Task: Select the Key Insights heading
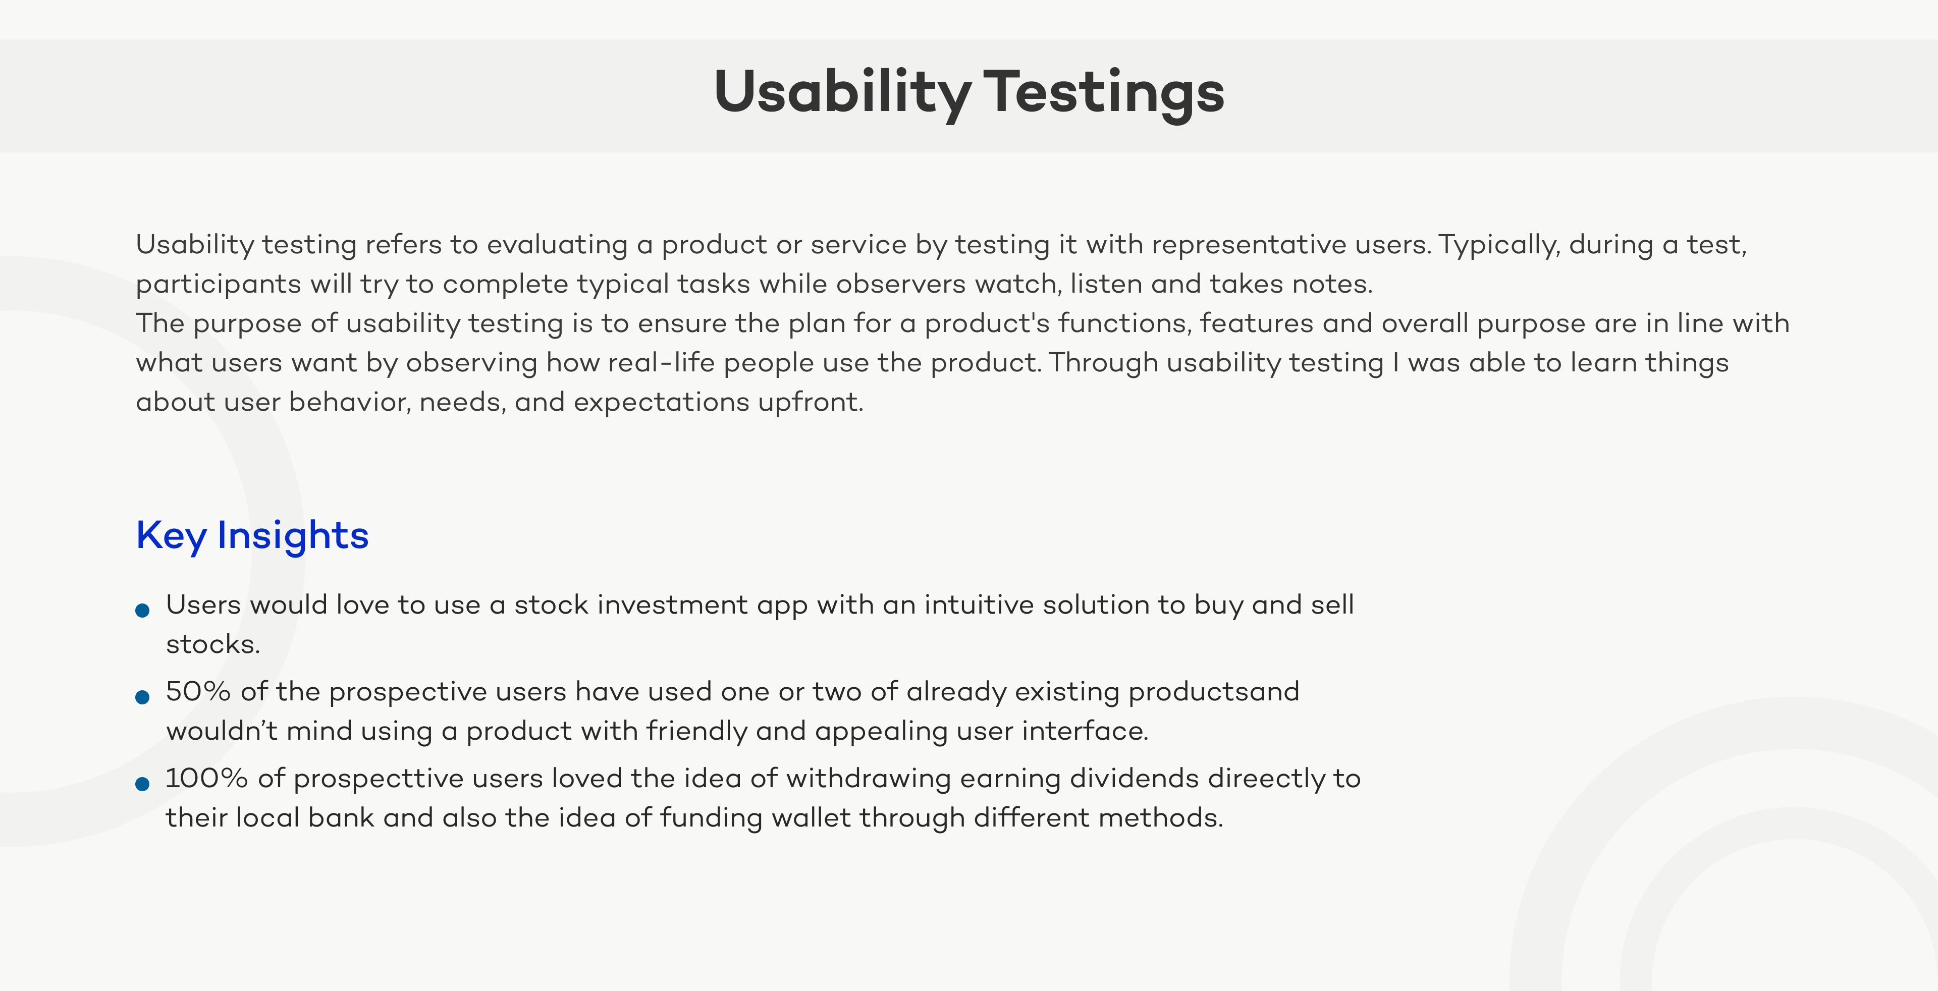pyautogui.click(x=252, y=536)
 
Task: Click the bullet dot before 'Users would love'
pyautogui.click(x=142, y=611)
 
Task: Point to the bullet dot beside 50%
pyautogui.click(x=142, y=697)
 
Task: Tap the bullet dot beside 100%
pyautogui.click(x=142, y=784)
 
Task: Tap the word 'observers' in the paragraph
pyautogui.click(x=900, y=284)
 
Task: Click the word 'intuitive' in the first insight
pyautogui.click(x=980, y=604)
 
